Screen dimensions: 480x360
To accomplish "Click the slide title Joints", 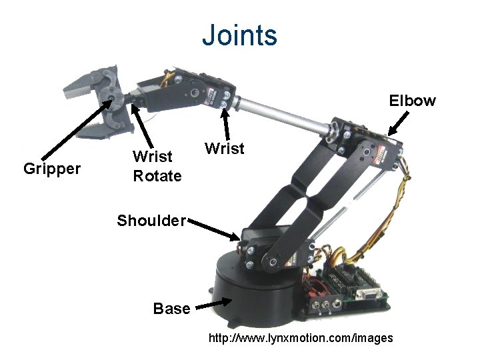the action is (239, 34).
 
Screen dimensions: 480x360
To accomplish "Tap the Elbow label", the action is (413, 101).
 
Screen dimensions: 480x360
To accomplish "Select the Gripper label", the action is (52, 168).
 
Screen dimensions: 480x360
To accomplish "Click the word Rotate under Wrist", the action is (157, 176).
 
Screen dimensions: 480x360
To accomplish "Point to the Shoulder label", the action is (151, 220).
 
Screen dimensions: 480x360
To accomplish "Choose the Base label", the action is (172, 309).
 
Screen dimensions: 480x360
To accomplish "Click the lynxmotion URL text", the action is (301, 339).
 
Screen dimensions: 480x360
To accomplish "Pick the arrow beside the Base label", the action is (214, 304).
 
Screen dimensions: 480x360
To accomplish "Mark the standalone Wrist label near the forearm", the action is (225, 148).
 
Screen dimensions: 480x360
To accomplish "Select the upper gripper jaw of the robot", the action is (87, 83).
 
